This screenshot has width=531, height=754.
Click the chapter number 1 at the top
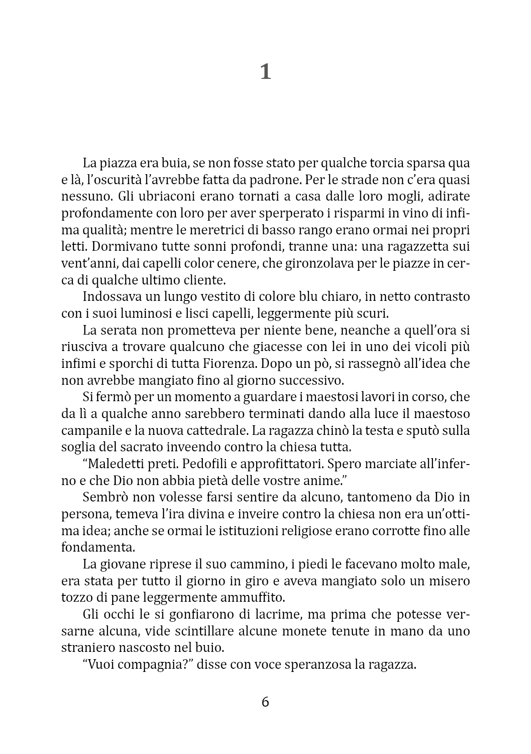pos(265,72)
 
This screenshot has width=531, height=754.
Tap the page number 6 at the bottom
pos(265,702)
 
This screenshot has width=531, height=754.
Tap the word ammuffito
pos(264,597)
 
